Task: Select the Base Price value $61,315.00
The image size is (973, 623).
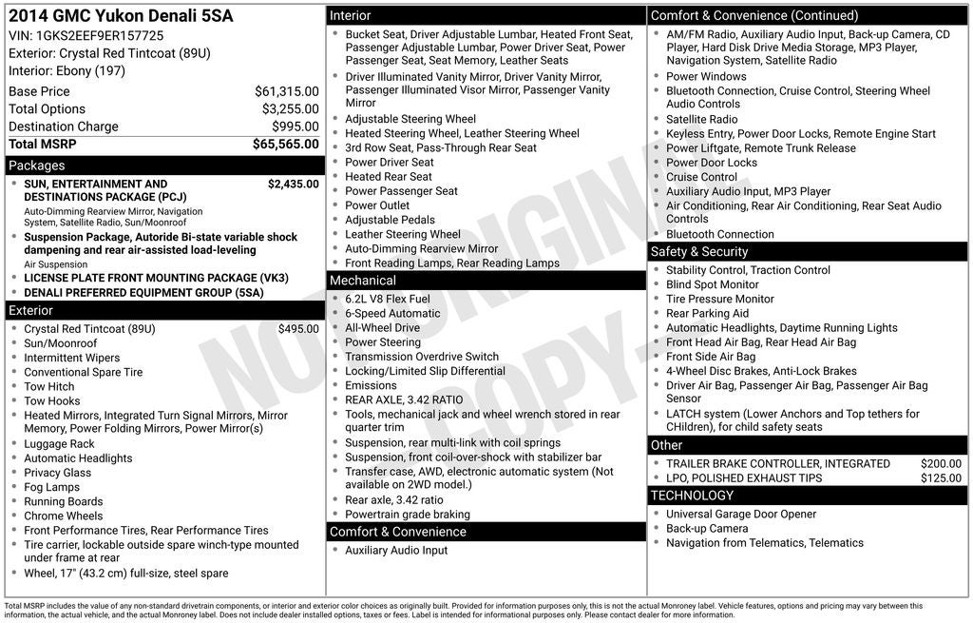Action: click(286, 91)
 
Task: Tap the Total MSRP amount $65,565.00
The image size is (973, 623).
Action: click(285, 145)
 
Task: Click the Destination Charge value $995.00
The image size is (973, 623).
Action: click(295, 127)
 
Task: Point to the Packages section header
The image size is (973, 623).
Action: click(37, 165)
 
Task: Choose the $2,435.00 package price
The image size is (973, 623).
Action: click(293, 185)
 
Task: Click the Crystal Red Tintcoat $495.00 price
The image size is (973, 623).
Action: click(298, 329)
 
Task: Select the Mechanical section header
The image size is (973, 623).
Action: click(362, 281)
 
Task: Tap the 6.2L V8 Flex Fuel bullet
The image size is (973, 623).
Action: click(387, 299)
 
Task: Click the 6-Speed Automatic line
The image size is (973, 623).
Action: click(392, 313)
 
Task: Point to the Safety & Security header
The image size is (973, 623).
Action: click(698, 252)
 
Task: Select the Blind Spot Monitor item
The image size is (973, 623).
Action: click(712, 284)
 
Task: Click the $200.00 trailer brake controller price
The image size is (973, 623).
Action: click(941, 464)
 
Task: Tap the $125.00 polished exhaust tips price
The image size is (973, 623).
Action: click(941, 478)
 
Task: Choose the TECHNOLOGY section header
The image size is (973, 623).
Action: click(692, 496)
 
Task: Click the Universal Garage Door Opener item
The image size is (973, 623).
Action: click(740, 515)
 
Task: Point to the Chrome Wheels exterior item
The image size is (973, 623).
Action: click(63, 516)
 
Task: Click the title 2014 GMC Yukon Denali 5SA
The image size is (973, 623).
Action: click(121, 16)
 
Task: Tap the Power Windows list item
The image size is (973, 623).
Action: click(706, 76)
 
